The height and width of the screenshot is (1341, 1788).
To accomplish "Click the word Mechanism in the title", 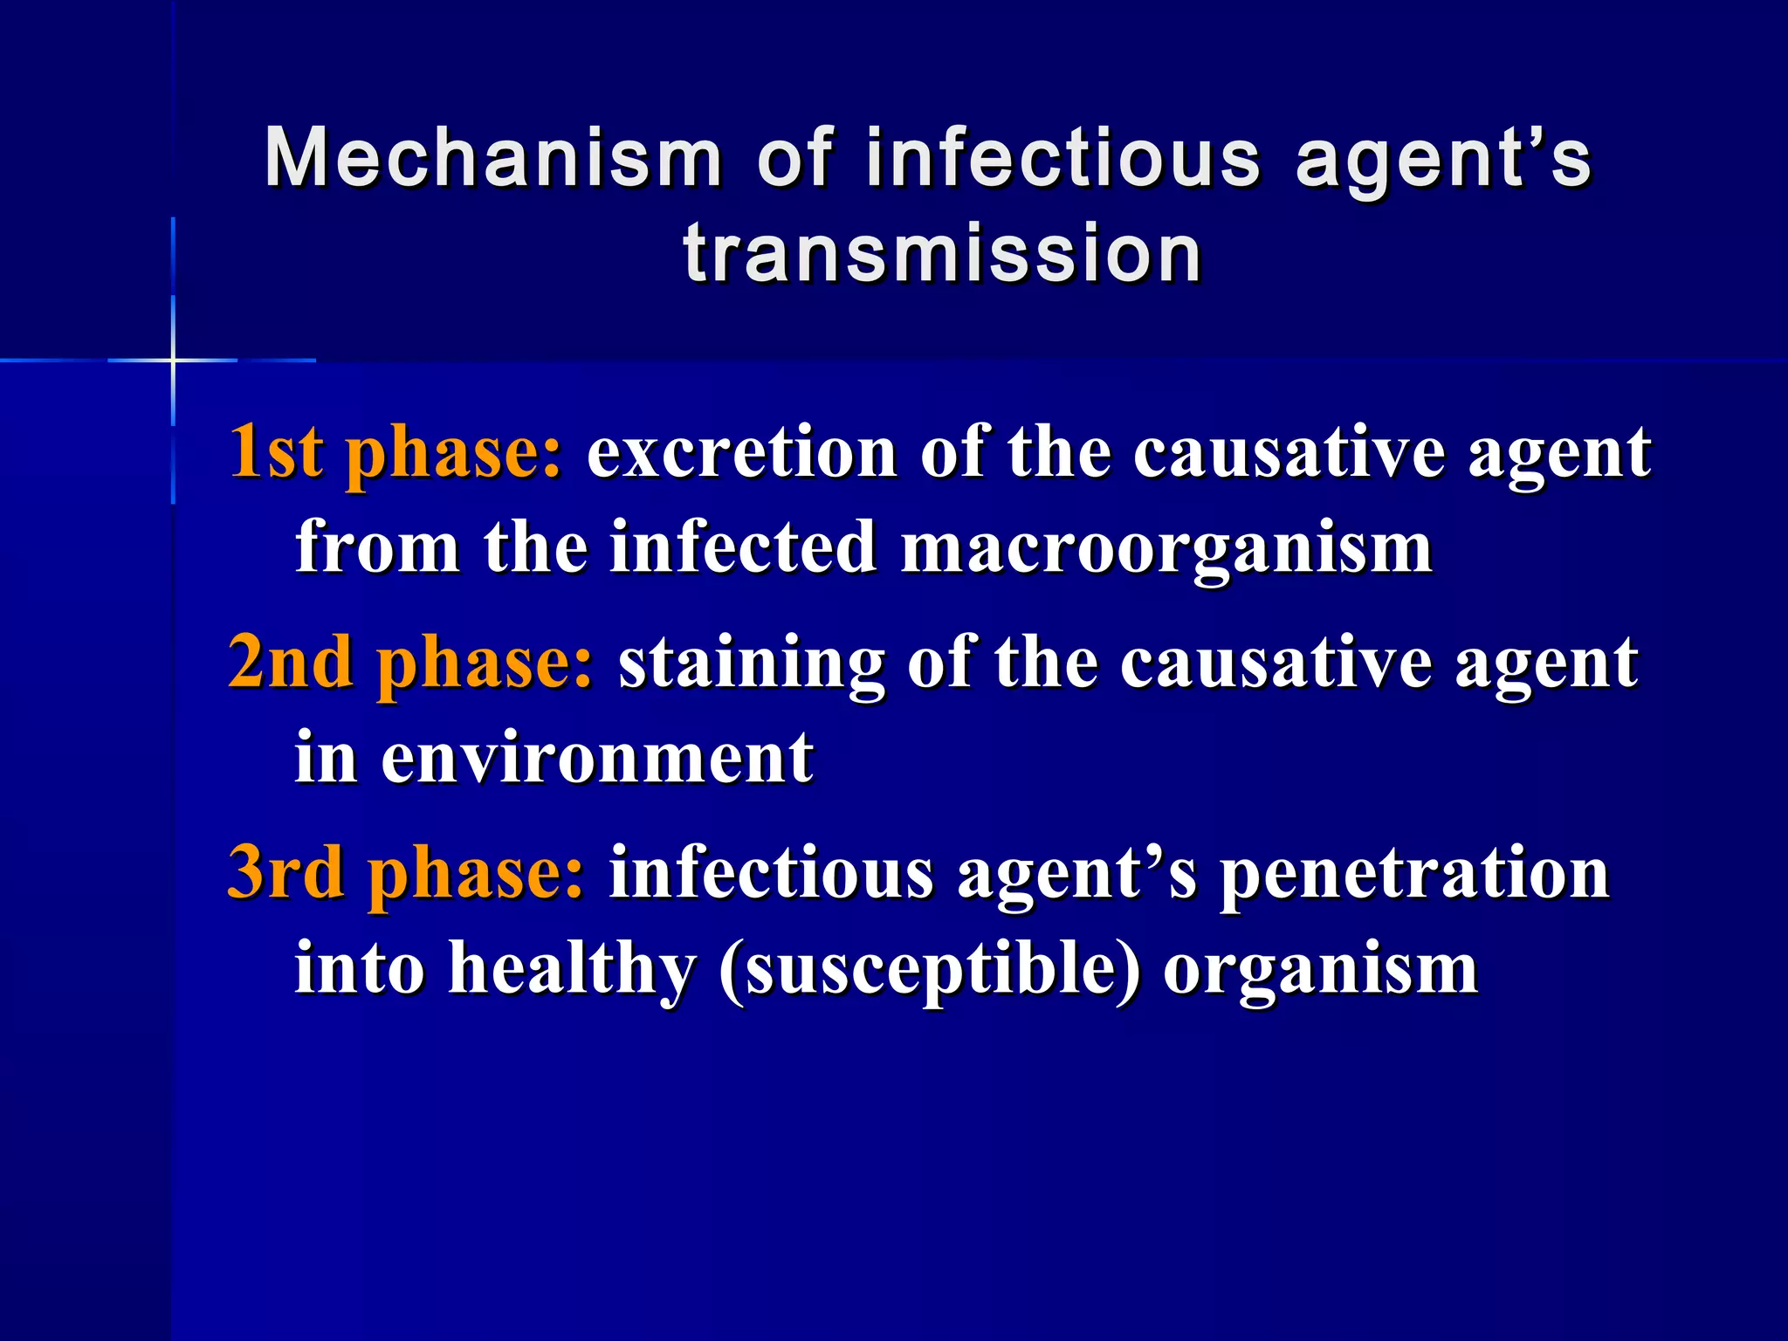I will point(493,159).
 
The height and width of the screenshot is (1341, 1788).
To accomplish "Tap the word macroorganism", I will point(1166,547).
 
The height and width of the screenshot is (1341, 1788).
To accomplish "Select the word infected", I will point(743,547).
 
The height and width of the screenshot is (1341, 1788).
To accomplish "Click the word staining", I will point(751,664).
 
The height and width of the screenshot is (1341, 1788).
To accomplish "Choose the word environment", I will point(597,757).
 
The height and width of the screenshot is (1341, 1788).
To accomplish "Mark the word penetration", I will point(1413,873).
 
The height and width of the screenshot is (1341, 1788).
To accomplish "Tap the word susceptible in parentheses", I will point(930,969).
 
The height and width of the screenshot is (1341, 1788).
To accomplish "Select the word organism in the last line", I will point(1320,969).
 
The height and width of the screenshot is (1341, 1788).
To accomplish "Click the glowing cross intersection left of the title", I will point(173,360).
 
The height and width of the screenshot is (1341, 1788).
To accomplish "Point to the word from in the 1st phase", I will point(378,547).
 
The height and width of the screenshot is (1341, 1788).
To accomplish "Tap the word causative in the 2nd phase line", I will point(1275,663).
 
